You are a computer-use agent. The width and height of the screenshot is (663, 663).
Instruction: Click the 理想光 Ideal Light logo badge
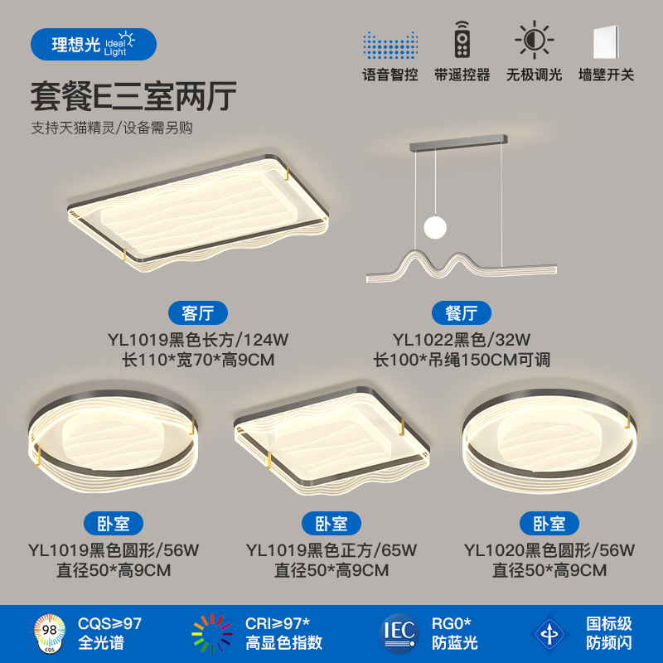tap(93, 44)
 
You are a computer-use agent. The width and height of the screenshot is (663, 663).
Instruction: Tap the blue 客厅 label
tap(197, 313)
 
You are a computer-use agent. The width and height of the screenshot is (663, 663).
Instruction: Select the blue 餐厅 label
tap(462, 313)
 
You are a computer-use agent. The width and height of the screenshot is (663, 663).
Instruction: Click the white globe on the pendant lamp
tap(433, 225)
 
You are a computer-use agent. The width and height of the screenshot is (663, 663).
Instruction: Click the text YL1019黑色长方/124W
tap(197, 339)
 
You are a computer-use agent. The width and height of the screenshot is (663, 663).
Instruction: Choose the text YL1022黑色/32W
tap(462, 339)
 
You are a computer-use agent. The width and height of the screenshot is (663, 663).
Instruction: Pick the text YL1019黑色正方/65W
tap(331, 549)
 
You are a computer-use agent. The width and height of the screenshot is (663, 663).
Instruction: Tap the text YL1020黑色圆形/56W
tap(549, 549)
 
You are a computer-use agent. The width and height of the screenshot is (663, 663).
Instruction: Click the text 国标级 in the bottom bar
tap(609, 623)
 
